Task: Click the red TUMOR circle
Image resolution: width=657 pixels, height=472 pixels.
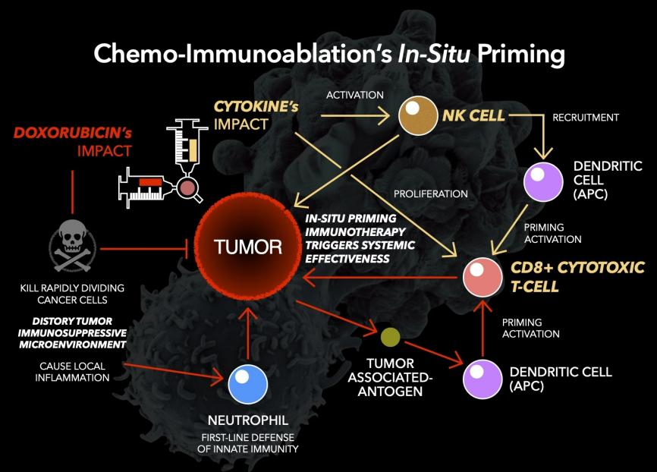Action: pyautogui.click(x=247, y=247)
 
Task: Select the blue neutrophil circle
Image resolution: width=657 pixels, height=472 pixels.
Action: pyautogui.click(x=249, y=382)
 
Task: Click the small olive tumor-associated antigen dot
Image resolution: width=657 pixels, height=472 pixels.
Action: pyautogui.click(x=390, y=336)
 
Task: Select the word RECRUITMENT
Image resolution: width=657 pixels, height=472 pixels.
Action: pyautogui.click(x=586, y=118)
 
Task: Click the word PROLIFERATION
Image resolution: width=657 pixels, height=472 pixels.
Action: pyautogui.click(x=431, y=194)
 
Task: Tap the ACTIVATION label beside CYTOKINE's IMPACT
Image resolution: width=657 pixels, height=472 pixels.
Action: pyautogui.click(x=355, y=95)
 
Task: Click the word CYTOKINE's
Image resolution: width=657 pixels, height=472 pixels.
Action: pyautogui.click(x=255, y=106)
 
